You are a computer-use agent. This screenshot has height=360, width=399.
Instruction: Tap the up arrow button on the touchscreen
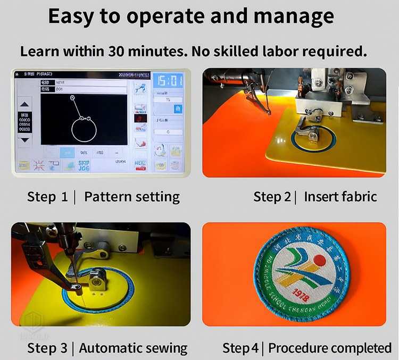pyautogui.click(x=24, y=104)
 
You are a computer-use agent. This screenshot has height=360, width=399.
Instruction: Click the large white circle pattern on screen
pyautogui.click(x=85, y=129)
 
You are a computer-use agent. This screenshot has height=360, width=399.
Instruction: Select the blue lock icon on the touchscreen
pyautogui.click(x=175, y=108)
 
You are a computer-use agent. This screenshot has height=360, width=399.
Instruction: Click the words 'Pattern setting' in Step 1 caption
pyautogui.click(x=132, y=197)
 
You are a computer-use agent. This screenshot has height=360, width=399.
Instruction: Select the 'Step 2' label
pyautogui.click(x=272, y=197)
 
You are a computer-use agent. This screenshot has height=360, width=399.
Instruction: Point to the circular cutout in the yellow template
pyautogui.click(x=314, y=137)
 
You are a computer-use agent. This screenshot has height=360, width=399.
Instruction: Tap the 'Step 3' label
pyautogui.click(x=47, y=348)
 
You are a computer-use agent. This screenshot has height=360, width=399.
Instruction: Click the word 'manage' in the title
pyautogui.click(x=294, y=16)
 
